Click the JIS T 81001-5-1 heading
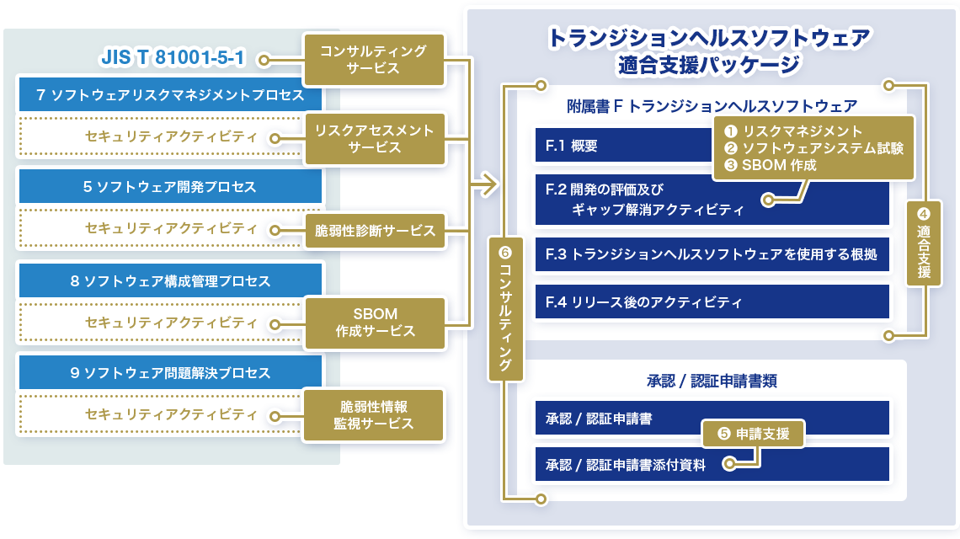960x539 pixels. [x=172, y=60]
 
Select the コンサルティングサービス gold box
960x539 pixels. [x=373, y=60]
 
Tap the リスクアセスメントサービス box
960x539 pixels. [x=373, y=139]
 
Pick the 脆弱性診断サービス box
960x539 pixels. [x=374, y=230]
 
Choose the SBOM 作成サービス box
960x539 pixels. [x=374, y=323]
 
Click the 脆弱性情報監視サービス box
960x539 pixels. [x=374, y=414]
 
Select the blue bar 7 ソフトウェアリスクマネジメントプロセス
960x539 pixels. [x=170, y=95]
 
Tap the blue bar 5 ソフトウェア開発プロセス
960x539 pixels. [x=170, y=186]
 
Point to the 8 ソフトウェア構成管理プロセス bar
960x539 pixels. [x=170, y=280]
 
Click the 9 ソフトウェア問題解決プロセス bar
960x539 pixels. [x=170, y=371]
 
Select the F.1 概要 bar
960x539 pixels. [x=623, y=146]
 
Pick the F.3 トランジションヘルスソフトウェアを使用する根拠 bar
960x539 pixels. [x=712, y=254]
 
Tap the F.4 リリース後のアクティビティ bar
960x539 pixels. [x=712, y=302]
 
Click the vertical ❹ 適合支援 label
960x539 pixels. [x=924, y=243]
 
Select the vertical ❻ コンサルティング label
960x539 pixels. [x=505, y=308]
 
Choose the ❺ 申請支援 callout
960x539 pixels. [x=753, y=435]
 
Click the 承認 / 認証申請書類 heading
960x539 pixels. [x=712, y=381]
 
